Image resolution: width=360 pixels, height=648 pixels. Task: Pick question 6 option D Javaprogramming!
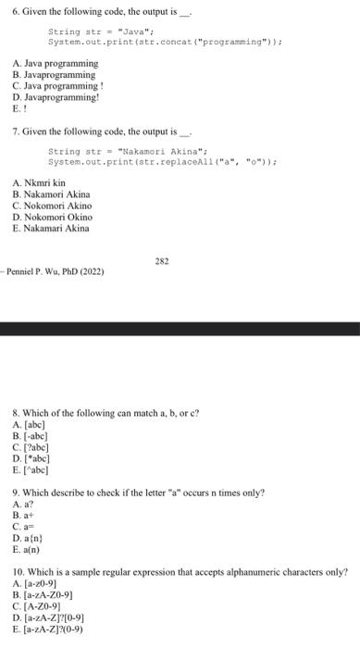(56, 94)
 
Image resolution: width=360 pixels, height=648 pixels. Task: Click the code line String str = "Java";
(88, 31)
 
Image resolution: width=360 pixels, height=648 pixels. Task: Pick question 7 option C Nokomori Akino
(52, 206)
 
